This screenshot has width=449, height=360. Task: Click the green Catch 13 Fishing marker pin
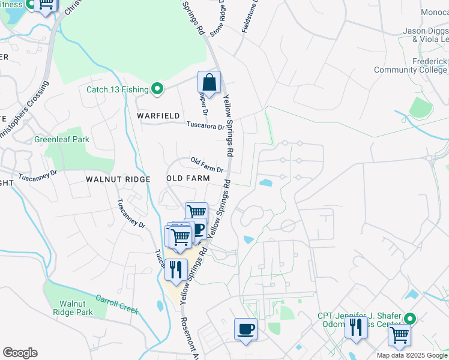pos(157,89)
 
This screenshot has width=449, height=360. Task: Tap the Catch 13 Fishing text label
pos(117,90)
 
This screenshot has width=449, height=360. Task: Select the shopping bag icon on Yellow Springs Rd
pos(209,82)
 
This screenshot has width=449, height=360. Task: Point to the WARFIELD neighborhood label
pos(158,115)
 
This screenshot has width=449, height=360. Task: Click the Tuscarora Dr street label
pos(205,127)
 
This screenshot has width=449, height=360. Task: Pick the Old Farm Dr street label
pos(207,165)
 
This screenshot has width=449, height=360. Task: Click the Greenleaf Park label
pos(61,139)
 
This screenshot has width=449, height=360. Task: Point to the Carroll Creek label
pos(118,304)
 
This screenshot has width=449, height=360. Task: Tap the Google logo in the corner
pos(20,353)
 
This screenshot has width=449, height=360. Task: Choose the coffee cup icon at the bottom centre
pos(245,329)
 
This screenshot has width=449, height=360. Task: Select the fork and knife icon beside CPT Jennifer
pos(356,328)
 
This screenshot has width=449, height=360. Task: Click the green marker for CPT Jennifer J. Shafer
pos(410,319)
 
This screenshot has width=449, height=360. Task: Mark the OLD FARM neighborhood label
pos(188,179)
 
